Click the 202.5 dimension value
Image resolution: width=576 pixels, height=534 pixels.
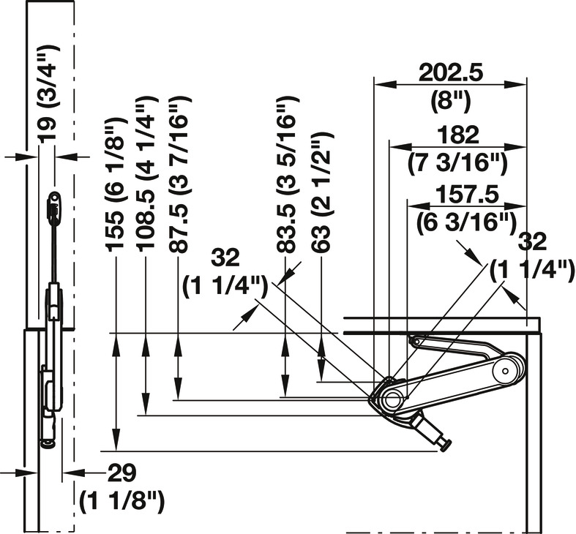tap(450, 73)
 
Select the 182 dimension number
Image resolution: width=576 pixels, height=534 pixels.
tap(459, 135)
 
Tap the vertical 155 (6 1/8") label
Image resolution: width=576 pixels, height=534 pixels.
tap(115, 185)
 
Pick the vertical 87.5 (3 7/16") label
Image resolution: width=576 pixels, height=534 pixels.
tap(179, 174)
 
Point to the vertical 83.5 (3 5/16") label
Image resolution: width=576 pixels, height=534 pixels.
tap(286, 174)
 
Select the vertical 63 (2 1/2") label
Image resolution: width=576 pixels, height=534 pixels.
tap(322, 192)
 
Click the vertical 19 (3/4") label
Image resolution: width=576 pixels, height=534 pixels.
tap(48, 94)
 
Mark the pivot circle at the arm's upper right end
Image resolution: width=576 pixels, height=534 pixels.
tap(506, 371)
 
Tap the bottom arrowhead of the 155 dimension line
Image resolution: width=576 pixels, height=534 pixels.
tap(116, 440)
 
